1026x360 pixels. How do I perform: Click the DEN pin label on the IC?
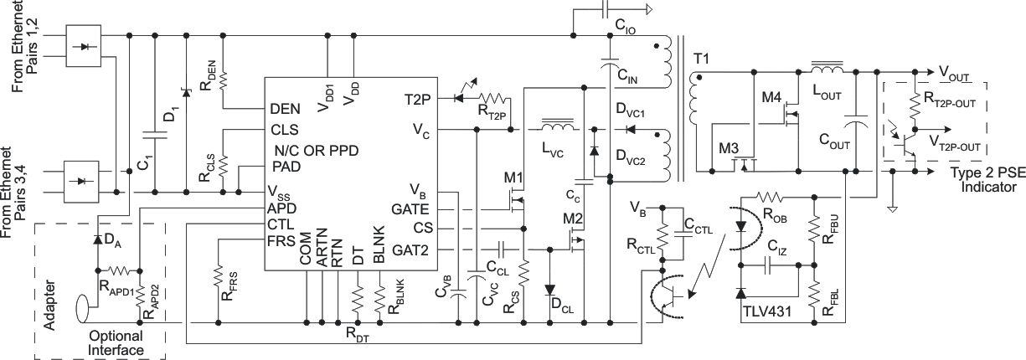286,109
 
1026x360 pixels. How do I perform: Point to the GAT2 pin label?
410,249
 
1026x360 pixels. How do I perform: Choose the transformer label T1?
702,59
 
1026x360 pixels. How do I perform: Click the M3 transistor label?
729,149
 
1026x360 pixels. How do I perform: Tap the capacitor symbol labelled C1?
155,134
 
